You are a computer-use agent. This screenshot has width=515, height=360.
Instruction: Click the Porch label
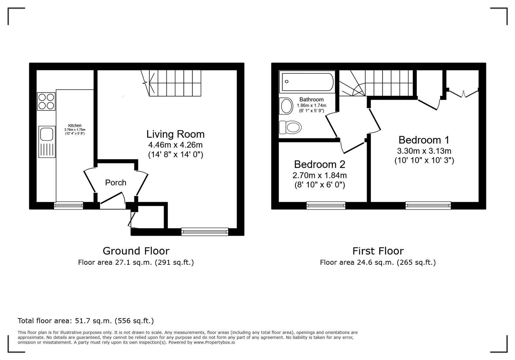pos(116,183)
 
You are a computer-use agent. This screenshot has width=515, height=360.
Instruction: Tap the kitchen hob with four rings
pos(46,101)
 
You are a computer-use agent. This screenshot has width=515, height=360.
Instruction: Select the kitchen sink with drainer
pos(47,142)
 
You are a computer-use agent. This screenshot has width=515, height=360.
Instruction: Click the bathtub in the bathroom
pos(307,82)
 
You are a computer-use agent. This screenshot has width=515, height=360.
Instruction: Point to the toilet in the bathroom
pos(290,127)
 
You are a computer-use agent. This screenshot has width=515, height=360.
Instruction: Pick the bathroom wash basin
pos(286,106)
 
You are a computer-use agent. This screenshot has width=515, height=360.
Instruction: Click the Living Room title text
pos(175,134)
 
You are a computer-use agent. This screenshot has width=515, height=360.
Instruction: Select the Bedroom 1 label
pos(424,140)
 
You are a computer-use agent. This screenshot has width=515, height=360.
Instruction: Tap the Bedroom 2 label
pos(320,164)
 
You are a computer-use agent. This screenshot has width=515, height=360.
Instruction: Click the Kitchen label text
pos(75,125)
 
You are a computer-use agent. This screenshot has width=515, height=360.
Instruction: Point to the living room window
pos(205,232)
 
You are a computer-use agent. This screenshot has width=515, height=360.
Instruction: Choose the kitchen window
pos(69,205)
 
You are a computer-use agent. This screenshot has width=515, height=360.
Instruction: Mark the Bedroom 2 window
pos(326,205)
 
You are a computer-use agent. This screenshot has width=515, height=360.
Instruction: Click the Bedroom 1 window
pos(428,205)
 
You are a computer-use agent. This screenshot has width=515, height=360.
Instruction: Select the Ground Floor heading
pos(136,251)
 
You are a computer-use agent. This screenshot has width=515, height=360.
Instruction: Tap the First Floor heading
pos(378,251)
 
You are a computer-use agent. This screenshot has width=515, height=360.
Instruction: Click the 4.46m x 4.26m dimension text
pos(175,145)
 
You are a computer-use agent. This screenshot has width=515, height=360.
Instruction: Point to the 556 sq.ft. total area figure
pos(134,321)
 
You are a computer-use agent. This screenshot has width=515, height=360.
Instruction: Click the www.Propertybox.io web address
pos(214,342)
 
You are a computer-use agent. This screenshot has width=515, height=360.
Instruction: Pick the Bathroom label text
pos(312,99)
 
